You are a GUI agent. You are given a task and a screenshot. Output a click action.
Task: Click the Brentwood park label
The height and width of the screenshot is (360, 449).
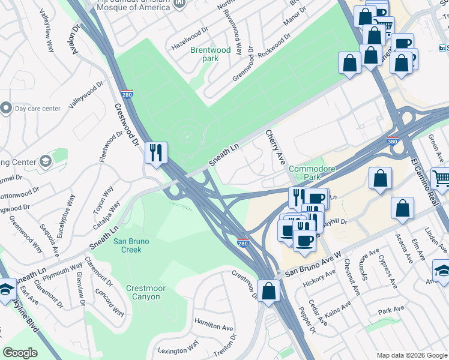click(x=210, y=55)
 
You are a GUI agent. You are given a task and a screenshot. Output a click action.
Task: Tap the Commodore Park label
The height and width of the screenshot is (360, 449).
click(x=312, y=173)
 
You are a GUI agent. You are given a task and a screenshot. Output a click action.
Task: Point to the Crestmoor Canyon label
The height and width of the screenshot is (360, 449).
click(x=146, y=292)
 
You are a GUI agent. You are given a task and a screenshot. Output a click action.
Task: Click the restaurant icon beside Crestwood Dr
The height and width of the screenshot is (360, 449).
click(x=155, y=152)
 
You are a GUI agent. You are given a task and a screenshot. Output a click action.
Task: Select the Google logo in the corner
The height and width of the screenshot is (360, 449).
click(x=20, y=353)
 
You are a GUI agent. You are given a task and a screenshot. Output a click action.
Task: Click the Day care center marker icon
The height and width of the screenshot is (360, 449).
click(x=7, y=108)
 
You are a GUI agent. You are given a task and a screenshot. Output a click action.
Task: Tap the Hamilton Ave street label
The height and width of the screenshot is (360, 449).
click(x=213, y=324)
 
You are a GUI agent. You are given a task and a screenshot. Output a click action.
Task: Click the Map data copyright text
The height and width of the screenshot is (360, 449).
click(x=411, y=355)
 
